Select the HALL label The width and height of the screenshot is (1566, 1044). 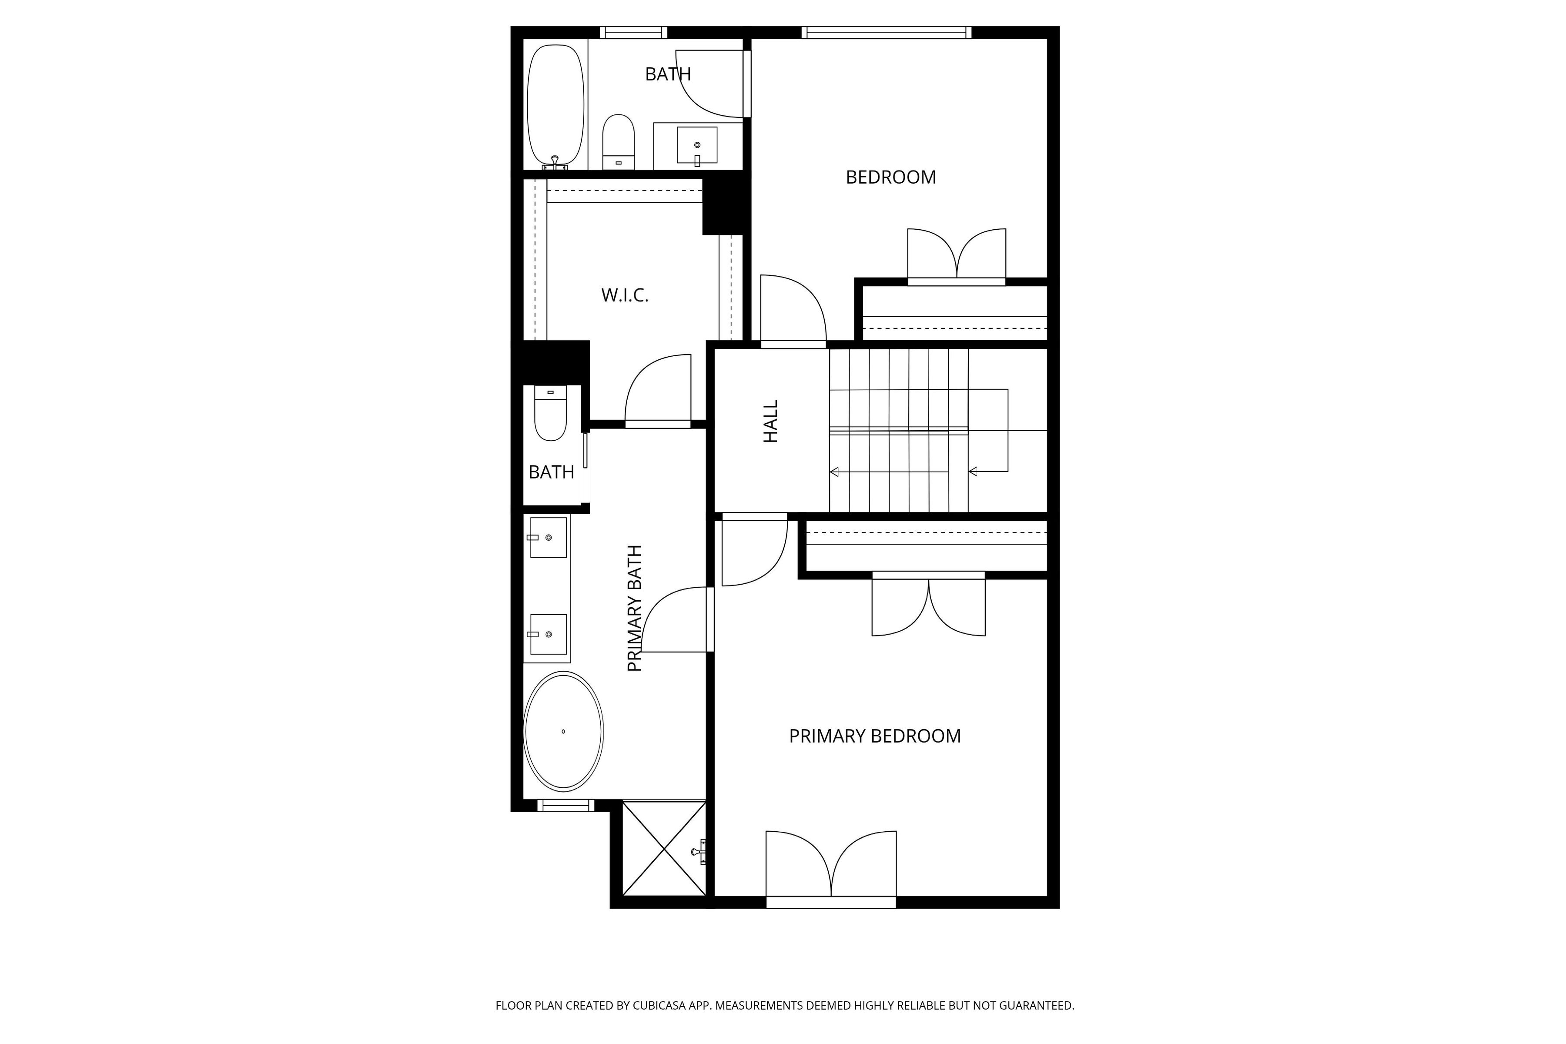point(770,422)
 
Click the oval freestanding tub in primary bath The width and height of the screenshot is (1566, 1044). point(563,731)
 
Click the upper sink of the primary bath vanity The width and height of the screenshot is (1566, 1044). point(548,537)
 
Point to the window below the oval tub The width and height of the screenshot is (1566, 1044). point(565,805)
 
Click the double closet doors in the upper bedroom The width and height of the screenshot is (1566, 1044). point(957,256)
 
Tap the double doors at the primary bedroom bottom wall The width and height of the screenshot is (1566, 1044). point(831,866)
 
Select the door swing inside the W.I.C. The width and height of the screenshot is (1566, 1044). point(657,389)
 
